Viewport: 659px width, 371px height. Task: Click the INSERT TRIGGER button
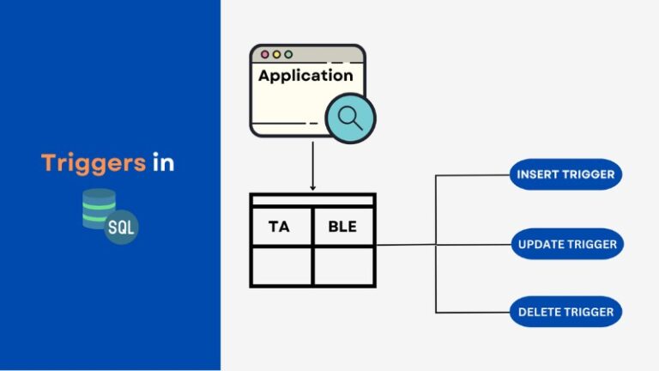(x=565, y=174)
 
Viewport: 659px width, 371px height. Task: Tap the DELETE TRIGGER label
(x=565, y=312)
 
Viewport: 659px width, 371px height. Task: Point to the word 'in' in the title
(x=164, y=163)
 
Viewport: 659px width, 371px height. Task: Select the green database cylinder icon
(x=98, y=209)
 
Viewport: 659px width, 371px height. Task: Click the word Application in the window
(x=305, y=76)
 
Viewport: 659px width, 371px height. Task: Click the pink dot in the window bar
(x=264, y=54)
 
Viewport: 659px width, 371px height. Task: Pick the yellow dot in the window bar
(x=276, y=54)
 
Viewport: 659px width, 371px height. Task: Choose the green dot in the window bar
(x=288, y=54)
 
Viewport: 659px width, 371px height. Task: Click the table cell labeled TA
(x=281, y=227)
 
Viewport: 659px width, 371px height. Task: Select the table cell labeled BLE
(x=343, y=227)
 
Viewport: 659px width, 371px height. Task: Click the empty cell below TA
(x=281, y=266)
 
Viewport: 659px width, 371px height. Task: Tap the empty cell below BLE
(x=343, y=266)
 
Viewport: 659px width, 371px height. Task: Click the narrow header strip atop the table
(x=312, y=200)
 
